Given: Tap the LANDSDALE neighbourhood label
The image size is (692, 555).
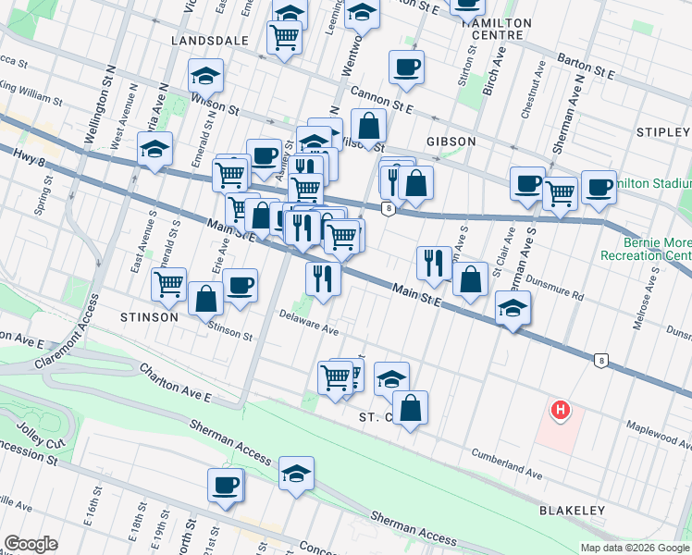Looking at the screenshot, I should coord(210,42).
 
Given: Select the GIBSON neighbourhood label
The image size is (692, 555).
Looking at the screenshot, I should coord(451,142).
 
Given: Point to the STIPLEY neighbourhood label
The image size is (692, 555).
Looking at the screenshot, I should coord(663,133).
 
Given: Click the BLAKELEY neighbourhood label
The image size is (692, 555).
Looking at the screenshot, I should coord(572,511).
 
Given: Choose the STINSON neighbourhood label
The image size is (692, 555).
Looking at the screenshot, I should coord(148,317).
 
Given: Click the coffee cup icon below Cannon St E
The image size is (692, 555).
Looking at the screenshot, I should coord(406,67).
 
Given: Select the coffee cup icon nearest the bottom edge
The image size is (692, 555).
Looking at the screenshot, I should coord(225,485).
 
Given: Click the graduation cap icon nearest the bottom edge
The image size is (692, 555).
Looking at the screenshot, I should coord(296,474).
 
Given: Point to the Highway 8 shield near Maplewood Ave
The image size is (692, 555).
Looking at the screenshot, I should coord(602,361).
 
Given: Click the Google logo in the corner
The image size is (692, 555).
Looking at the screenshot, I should coord(30,544).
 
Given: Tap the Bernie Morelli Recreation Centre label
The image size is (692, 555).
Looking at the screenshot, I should coord(646,248).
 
